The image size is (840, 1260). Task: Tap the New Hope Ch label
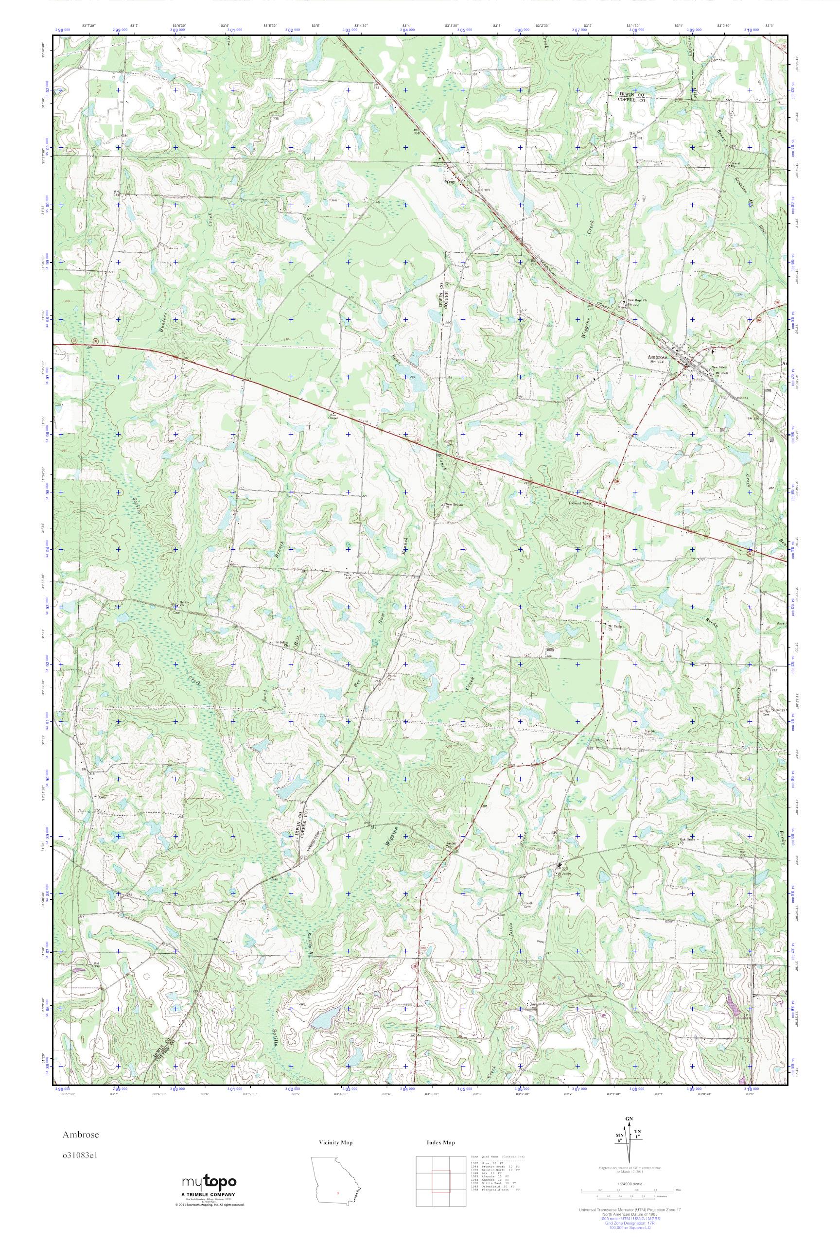coord(637,300)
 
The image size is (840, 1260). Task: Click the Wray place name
coord(449,182)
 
